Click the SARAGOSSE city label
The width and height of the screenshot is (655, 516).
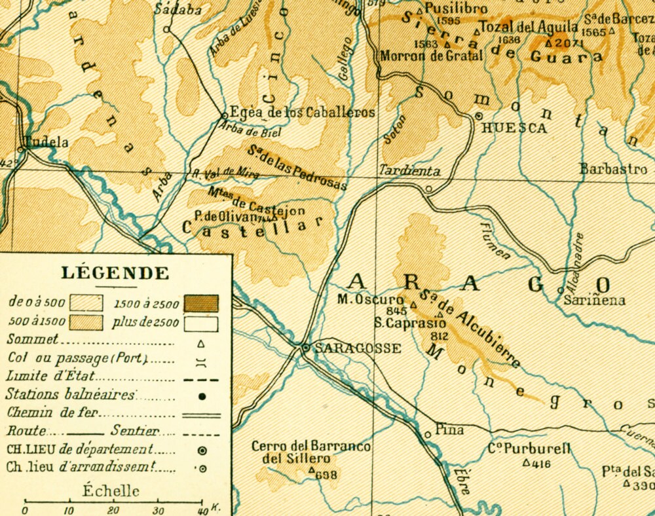[x=358, y=348]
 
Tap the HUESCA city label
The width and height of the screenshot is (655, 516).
[x=514, y=128]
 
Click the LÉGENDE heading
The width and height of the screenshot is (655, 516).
[x=115, y=273]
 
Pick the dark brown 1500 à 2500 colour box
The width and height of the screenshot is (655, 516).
[x=201, y=304]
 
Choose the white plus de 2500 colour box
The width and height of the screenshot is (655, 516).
[x=201, y=323]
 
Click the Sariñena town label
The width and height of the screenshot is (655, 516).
[x=595, y=301]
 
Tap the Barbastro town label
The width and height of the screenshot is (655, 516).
[x=613, y=168]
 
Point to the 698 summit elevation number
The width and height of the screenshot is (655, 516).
[x=326, y=475]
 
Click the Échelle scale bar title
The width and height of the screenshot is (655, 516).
[x=111, y=491]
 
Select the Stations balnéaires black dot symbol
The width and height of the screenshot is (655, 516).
[x=202, y=396]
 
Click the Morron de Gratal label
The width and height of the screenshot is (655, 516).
[x=431, y=56]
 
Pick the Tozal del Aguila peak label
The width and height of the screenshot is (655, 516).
[x=529, y=27]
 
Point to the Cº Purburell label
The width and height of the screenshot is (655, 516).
[x=529, y=450]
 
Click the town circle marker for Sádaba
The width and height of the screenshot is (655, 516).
[x=166, y=29]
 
